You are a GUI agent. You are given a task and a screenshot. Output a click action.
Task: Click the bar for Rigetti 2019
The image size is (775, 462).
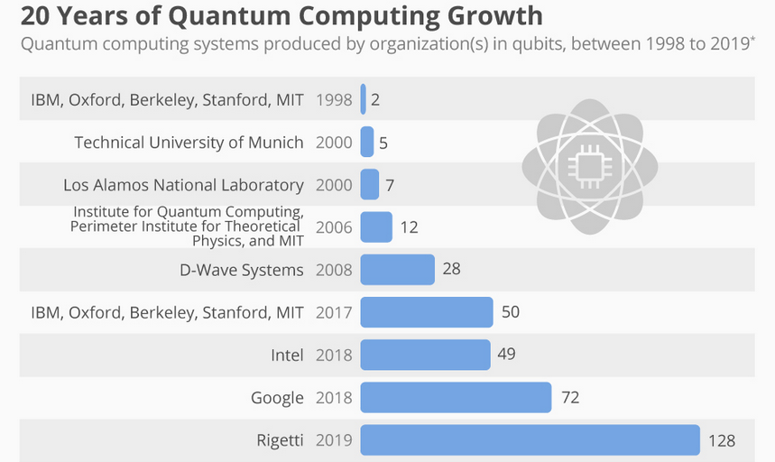[x=530, y=440]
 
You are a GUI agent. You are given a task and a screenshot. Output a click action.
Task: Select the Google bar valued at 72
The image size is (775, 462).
[x=456, y=397]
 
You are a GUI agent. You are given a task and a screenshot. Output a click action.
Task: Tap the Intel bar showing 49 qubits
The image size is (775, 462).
[x=425, y=355]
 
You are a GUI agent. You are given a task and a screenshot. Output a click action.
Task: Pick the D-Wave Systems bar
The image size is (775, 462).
[x=397, y=269]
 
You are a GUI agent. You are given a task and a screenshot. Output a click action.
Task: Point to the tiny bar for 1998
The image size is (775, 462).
[x=363, y=99]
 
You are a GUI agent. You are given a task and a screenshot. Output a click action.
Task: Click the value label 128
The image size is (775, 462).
[x=722, y=441]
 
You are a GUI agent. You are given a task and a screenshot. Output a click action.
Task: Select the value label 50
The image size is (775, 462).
[x=511, y=312]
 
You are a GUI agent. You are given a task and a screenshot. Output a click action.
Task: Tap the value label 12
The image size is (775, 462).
[x=409, y=227]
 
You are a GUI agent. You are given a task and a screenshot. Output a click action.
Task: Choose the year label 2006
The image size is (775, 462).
[x=334, y=227]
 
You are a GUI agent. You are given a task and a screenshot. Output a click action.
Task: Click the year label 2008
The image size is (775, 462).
[x=334, y=270]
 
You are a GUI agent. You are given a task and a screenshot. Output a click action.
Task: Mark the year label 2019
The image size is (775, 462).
[x=334, y=441]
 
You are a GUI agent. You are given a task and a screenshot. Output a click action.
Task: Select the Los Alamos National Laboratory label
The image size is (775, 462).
[x=183, y=185]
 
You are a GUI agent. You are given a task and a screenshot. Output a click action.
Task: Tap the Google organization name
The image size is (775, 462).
[x=277, y=398]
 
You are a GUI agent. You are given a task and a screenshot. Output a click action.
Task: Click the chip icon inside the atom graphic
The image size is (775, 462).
[x=589, y=166]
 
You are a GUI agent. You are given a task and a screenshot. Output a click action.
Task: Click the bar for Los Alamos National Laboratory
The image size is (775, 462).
[x=369, y=184]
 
